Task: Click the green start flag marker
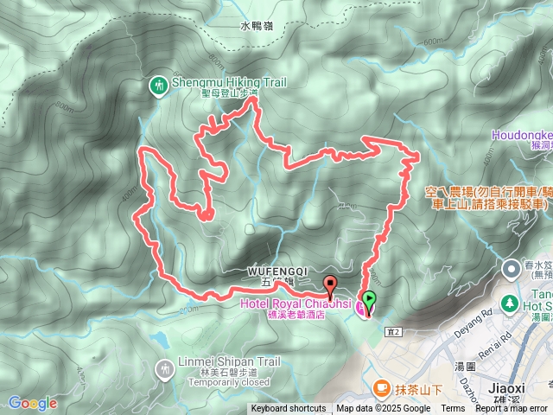click(x=371, y=301)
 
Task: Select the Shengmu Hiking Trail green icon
click(x=158, y=85)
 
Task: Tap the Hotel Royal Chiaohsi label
click(x=295, y=303)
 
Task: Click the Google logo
click(x=33, y=403)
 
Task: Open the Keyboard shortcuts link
click(x=289, y=409)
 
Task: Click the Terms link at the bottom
click(x=453, y=409)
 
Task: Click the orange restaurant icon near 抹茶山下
click(x=381, y=389)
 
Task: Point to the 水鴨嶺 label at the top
click(x=257, y=27)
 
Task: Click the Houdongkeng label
click(x=522, y=135)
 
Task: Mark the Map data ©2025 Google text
click(x=384, y=409)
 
